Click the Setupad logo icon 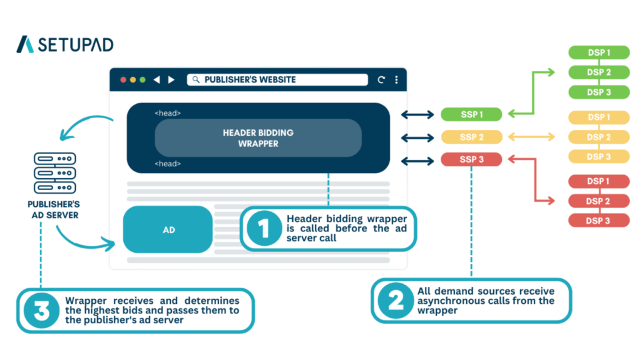pyautogui.click(x=25, y=44)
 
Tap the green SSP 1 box pyautogui.click(x=471, y=114)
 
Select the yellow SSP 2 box pyautogui.click(x=471, y=137)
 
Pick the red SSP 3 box pyautogui.click(x=471, y=159)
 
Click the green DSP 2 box pyautogui.click(x=598, y=73)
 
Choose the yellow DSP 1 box pyautogui.click(x=598, y=117)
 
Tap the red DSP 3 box pyautogui.click(x=598, y=221)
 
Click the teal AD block pyautogui.click(x=168, y=230)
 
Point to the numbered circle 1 pyautogui.click(x=264, y=228)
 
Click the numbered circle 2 pyautogui.click(x=396, y=300)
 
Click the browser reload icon pyautogui.click(x=381, y=80)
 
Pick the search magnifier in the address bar pyautogui.click(x=196, y=80)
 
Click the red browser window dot pyautogui.click(x=123, y=80)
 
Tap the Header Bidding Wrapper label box pyautogui.click(x=258, y=138)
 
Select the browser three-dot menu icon pyautogui.click(x=396, y=80)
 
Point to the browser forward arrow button pyautogui.click(x=171, y=80)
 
